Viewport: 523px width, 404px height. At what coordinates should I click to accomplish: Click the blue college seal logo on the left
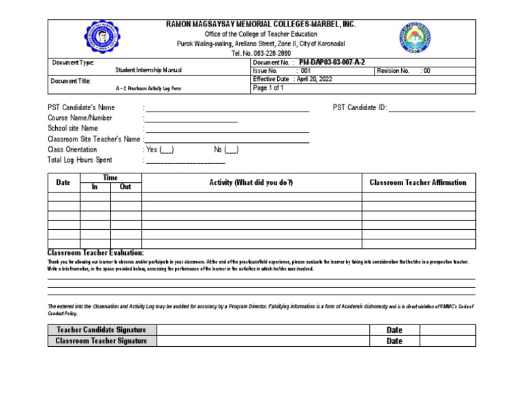pos(104,38)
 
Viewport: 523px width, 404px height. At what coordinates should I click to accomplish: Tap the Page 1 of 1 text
pos(268,88)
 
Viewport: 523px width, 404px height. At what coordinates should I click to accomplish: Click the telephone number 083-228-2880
pos(261,53)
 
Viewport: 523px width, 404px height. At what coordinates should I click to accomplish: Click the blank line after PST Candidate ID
pos(431,108)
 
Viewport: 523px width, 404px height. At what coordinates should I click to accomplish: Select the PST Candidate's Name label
pos(81,107)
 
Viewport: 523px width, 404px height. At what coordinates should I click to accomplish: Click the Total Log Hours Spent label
pos(80,161)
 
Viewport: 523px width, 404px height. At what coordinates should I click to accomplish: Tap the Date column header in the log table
pos(63,182)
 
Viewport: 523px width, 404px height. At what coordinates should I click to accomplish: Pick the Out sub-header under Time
pos(125,187)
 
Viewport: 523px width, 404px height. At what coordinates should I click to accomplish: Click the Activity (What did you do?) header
pos(251,182)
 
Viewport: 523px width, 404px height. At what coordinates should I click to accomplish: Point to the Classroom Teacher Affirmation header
pos(417,182)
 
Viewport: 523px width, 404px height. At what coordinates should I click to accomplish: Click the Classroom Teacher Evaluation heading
pos(95,253)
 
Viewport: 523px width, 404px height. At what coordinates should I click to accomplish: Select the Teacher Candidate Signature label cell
pos(101,330)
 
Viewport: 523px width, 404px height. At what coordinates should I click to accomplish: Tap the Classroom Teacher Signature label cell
pos(101,341)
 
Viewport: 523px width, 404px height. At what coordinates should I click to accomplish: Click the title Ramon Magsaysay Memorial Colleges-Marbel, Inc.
pos(261,24)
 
